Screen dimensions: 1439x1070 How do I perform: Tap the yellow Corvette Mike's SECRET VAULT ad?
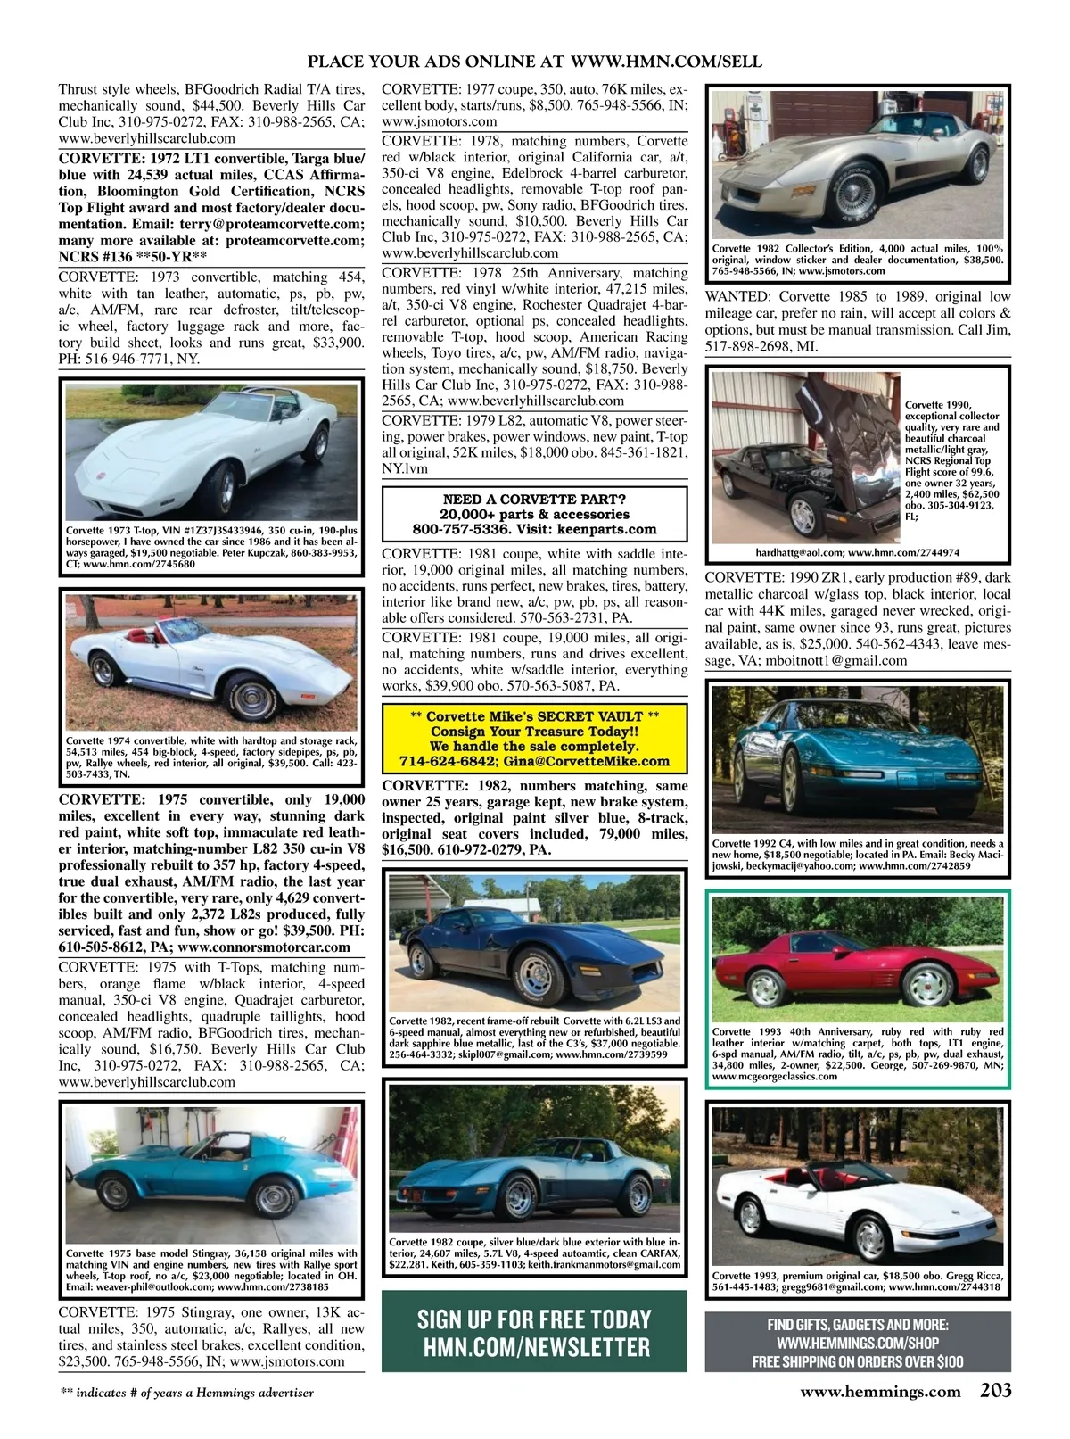tap(534, 738)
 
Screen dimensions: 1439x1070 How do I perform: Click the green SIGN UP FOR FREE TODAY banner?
tap(534, 1330)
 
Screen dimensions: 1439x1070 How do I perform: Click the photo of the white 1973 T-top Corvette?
tap(210, 451)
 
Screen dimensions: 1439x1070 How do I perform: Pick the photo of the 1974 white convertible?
tap(210, 660)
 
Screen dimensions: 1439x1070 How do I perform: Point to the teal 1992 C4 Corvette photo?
tap(858, 758)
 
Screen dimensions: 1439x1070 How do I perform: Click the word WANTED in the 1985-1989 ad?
tap(738, 296)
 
